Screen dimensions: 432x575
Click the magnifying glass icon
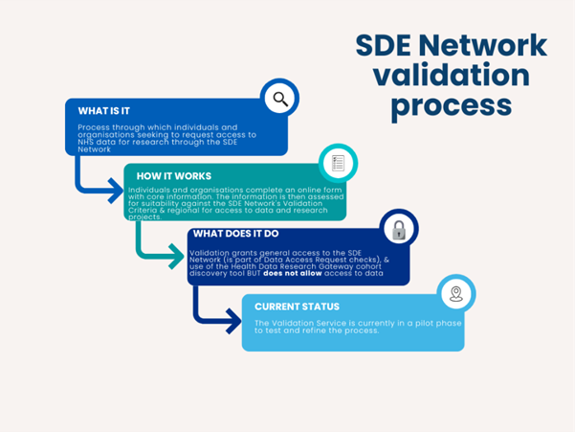pyautogui.click(x=279, y=98)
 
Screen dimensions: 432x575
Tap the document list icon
pyautogui.click(x=338, y=163)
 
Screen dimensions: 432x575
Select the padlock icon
pyautogui.click(x=397, y=230)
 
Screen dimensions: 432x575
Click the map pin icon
pyautogui.click(x=456, y=294)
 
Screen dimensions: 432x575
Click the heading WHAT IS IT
pyautogui.click(x=104, y=111)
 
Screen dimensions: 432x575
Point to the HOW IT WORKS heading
pyautogui.click(x=173, y=176)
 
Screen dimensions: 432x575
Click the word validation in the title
pyautogui.click(x=452, y=75)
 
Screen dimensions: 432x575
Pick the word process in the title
pyautogui.click(x=452, y=104)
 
